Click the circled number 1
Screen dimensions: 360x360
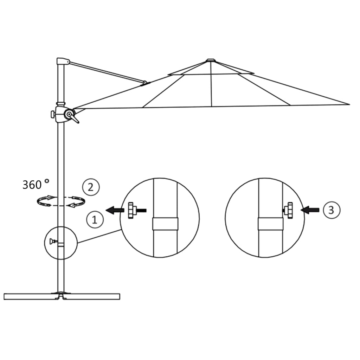tap(95, 220)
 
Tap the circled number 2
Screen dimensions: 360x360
tap(91, 187)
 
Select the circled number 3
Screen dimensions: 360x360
tap(331, 210)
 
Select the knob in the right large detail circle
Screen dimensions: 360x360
tap(289, 210)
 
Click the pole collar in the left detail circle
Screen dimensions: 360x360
tap(165, 224)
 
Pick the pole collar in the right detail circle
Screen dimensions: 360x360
tap(270, 224)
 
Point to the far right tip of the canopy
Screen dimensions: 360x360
tap(349, 104)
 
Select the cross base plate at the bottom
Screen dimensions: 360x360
tap(62, 296)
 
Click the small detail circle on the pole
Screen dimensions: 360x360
tap(61, 243)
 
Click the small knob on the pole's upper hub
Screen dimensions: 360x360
tap(53, 114)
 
